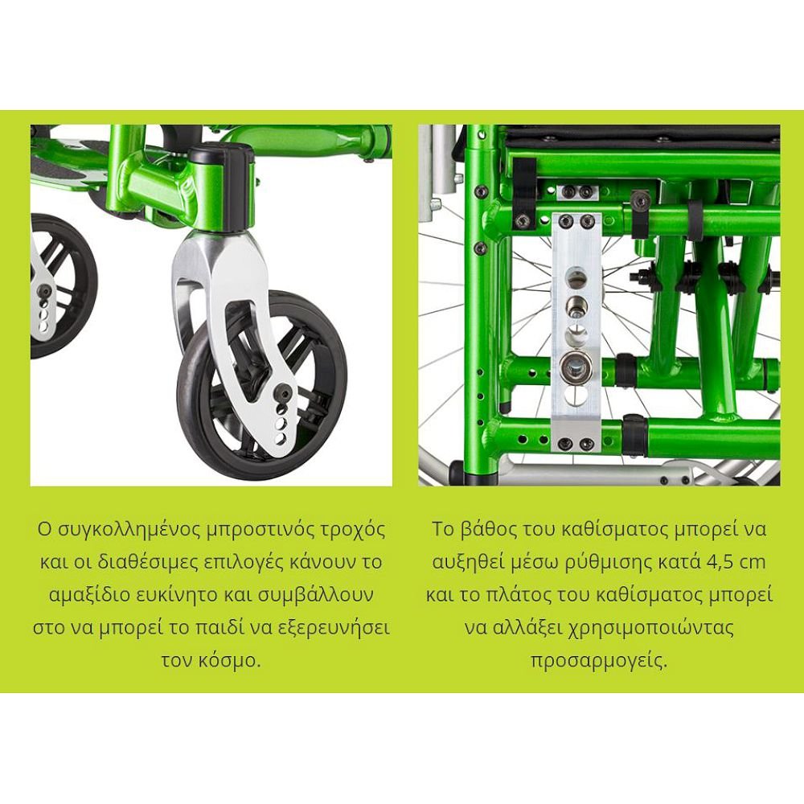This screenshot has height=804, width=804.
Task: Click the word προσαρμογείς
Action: coord(599,661)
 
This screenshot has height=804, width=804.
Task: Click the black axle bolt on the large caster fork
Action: coord(284,394)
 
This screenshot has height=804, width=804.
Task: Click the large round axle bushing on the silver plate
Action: coord(576,367)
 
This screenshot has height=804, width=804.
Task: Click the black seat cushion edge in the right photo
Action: coord(641,135)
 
